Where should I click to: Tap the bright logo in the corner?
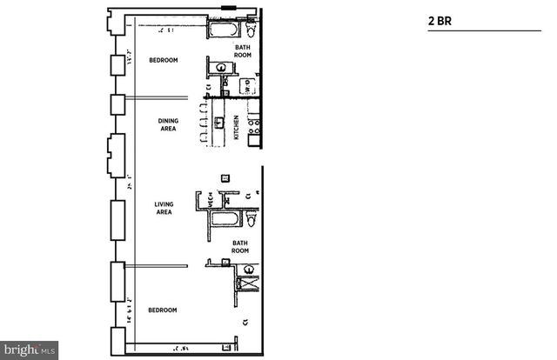(x=29, y=350)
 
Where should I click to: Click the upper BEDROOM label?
(x=163, y=60)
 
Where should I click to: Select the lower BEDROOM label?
(x=163, y=310)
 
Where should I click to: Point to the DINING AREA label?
(x=167, y=124)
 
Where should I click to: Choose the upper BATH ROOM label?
(x=243, y=50)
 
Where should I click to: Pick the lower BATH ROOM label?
(x=240, y=246)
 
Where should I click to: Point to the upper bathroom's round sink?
(x=222, y=67)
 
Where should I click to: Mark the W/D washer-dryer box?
(x=248, y=89)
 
